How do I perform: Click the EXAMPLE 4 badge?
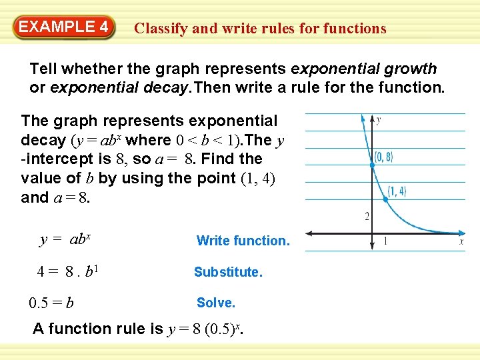pyautogui.click(x=64, y=27)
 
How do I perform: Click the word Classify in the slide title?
pyautogui.click(x=159, y=29)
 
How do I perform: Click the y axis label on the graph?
pyautogui.click(x=379, y=121)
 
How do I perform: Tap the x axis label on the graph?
pyautogui.click(x=461, y=242)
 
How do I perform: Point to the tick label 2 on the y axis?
pyautogui.click(x=366, y=216)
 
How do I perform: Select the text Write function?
pyautogui.click(x=243, y=241)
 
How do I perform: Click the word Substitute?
pyautogui.click(x=228, y=272)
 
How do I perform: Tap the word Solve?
pyautogui.click(x=216, y=303)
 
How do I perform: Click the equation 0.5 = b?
pyautogui.click(x=51, y=303)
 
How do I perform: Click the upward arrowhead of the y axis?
pyautogui.click(x=370, y=119)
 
